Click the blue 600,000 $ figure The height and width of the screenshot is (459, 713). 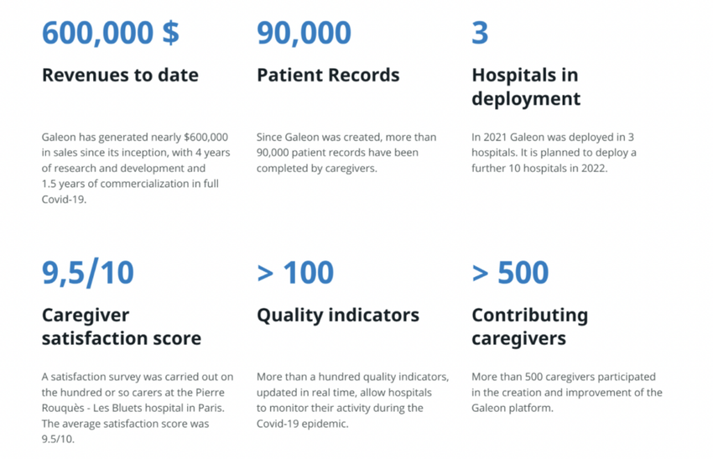[x=111, y=34]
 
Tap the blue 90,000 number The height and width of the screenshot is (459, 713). [x=304, y=34]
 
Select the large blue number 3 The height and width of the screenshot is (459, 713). [x=480, y=33]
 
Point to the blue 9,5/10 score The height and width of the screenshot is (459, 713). [x=88, y=273]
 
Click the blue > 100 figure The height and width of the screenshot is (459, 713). [x=295, y=273]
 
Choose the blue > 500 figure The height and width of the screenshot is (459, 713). [x=510, y=273]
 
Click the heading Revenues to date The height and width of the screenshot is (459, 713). [x=120, y=75]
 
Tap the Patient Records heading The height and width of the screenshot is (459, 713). [x=328, y=75]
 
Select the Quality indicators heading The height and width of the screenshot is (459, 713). [x=338, y=316]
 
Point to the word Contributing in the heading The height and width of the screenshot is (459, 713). [x=530, y=316]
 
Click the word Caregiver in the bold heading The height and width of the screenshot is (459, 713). [x=86, y=316]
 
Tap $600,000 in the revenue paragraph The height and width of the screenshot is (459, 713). [x=206, y=138]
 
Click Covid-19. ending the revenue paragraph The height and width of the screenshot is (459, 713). [x=64, y=199]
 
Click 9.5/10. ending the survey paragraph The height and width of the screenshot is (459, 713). [x=58, y=440]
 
